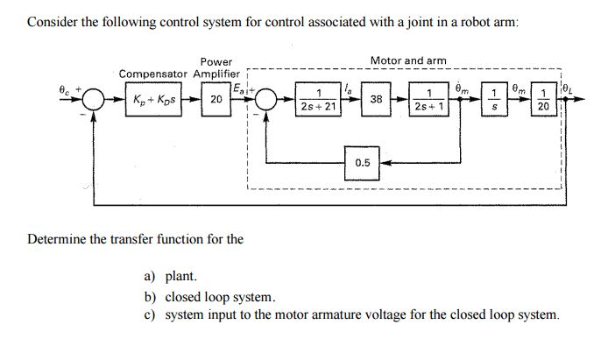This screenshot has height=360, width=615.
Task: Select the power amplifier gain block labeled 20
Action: [215, 100]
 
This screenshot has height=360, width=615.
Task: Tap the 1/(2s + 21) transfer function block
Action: [315, 100]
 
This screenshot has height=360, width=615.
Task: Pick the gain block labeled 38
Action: [375, 100]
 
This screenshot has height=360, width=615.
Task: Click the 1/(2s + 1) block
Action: [429, 100]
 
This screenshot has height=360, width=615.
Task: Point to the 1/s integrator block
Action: [495, 100]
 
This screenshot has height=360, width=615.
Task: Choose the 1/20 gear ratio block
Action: [543, 100]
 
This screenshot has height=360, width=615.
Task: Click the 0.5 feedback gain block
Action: [363, 162]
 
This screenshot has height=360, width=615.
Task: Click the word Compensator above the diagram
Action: [153, 74]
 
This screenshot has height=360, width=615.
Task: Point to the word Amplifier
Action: [217, 74]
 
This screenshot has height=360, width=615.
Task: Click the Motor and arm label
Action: [408, 60]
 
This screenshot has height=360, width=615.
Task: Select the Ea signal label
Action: [237, 88]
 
